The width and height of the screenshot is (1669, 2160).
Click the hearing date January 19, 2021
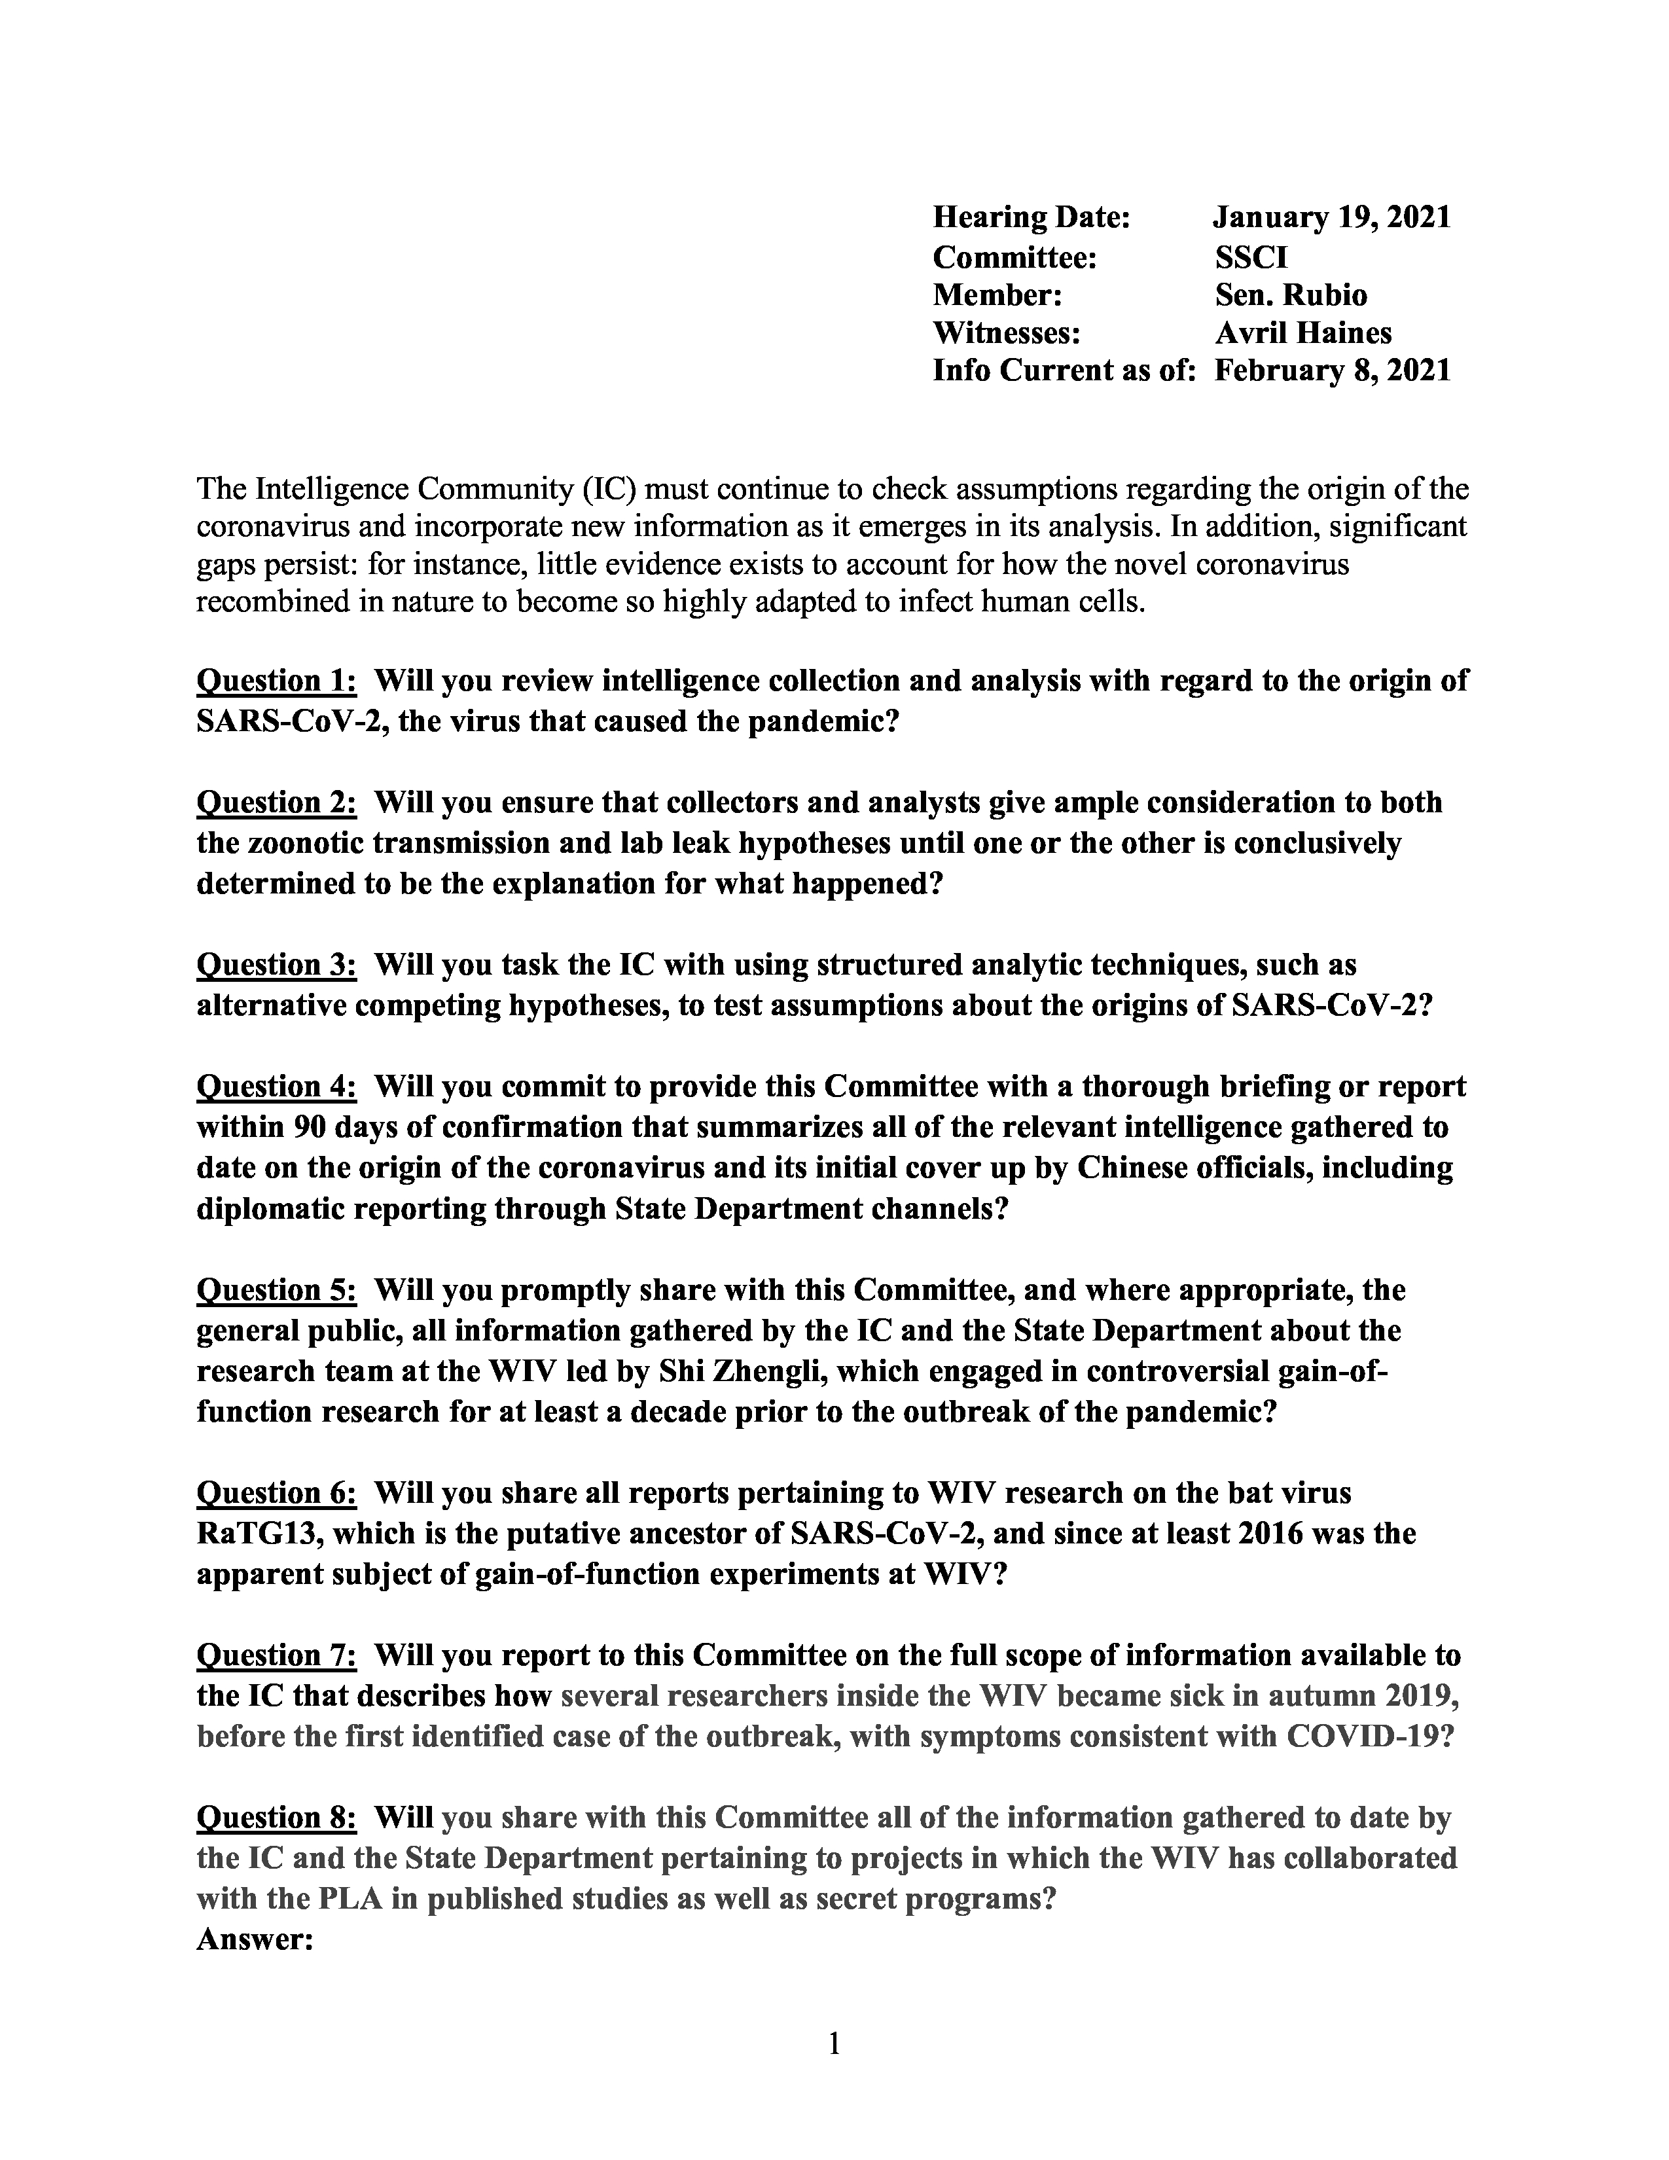(x=1332, y=217)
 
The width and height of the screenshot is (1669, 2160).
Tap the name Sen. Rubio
(x=1290, y=295)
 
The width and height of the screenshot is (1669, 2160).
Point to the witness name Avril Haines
(x=1302, y=333)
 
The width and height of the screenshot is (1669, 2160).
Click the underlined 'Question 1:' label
(x=276, y=681)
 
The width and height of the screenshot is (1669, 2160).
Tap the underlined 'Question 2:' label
(x=276, y=802)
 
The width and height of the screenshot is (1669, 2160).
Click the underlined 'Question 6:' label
(x=276, y=1492)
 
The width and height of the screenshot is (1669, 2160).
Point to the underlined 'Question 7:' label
(x=276, y=1655)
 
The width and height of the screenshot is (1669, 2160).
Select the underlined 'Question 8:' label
(x=276, y=1817)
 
